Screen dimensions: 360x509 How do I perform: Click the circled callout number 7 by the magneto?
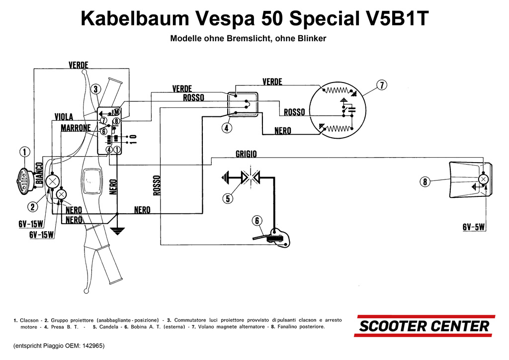click(381, 85)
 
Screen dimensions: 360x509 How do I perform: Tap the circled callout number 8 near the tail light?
click(425, 182)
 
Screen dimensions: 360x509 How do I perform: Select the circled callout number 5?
click(228, 198)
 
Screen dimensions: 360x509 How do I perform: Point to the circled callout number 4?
click(226, 127)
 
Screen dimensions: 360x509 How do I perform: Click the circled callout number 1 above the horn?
click(25, 152)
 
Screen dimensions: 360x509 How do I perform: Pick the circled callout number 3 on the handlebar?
click(96, 89)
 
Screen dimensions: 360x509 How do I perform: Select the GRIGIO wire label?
click(246, 154)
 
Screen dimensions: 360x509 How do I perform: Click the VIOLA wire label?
click(64, 117)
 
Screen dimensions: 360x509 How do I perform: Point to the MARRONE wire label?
click(76, 128)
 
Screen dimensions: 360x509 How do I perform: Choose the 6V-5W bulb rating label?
click(473, 227)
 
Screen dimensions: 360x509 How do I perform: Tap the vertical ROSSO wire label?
click(157, 185)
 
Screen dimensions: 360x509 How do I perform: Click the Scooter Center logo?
click(424, 326)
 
